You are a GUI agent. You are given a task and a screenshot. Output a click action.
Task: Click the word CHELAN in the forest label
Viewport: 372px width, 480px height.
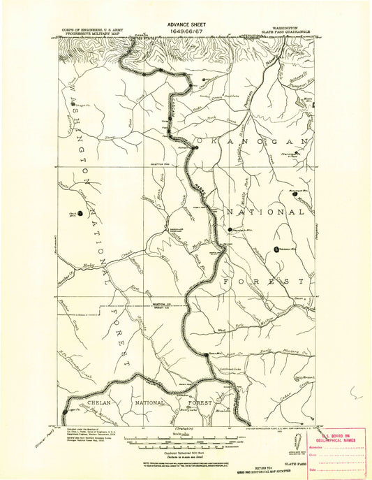(88, 403)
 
